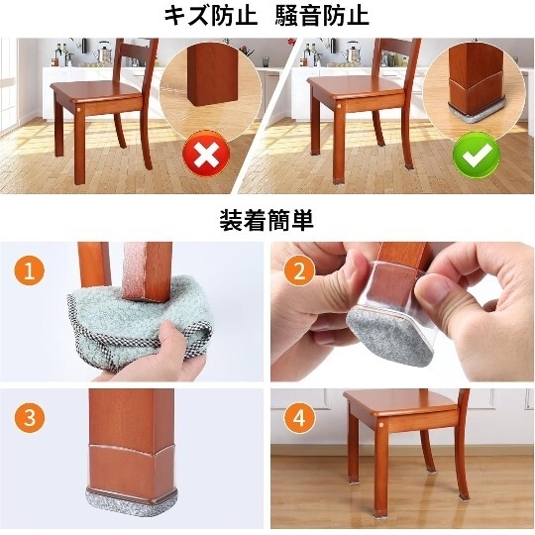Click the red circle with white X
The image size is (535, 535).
pos(206,154)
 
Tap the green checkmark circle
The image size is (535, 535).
pos(477,155)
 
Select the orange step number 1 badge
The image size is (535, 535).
pos(30,270)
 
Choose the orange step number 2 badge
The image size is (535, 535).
pos(299,270)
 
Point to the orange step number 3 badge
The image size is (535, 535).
pos(30,417)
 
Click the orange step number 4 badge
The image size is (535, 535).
pos(299,417)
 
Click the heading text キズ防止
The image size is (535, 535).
pos(210,16)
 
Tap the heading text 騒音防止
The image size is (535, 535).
pos(322,16)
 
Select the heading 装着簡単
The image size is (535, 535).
pos(267,220)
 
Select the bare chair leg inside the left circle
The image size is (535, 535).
pos(212,74)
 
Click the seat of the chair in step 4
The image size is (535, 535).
pos(401,402)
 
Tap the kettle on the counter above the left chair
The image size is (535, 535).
pos(104,52)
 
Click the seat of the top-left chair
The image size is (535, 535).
pos(96,90)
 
